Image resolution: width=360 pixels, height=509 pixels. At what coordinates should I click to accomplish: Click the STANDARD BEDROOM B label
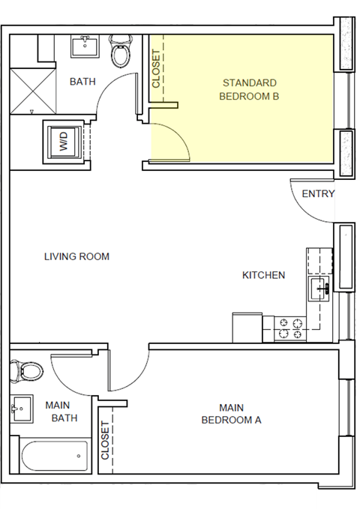249,89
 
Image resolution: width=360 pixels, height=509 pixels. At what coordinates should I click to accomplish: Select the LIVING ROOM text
76,256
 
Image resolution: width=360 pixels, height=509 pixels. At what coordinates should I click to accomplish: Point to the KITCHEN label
263,275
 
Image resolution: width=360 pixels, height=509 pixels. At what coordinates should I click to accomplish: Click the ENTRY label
318,194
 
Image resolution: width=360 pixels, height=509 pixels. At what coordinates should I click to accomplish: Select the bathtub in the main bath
54,455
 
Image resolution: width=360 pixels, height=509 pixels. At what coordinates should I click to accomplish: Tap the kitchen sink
320,287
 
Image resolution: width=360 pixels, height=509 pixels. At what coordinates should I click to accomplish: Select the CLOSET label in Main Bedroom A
105,439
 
